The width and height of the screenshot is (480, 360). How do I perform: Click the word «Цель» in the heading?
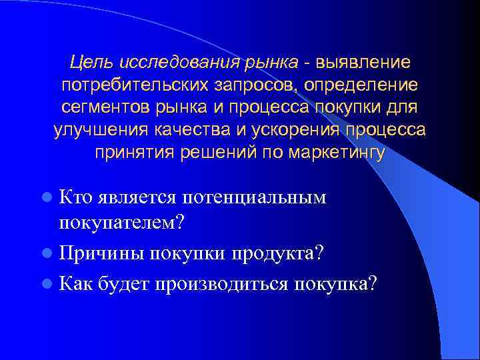tap(93, 63)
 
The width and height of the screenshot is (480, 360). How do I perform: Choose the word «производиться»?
tap(221, 283)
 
